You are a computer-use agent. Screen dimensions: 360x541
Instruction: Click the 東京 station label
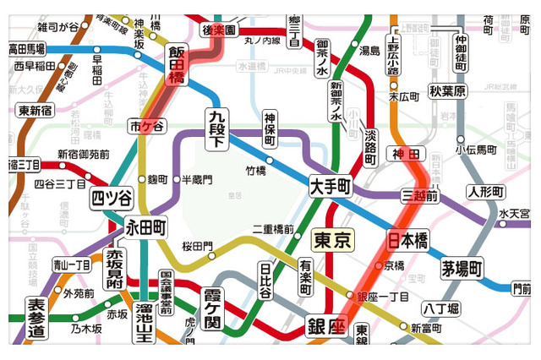coord(332,240)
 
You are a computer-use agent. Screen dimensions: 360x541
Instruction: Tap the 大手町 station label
coord(330,185)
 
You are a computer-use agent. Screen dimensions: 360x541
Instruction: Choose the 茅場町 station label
coord(462,269)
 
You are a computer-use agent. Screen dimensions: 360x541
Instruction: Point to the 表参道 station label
coord(36,319)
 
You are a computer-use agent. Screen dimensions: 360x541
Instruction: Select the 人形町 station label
coord(485,190)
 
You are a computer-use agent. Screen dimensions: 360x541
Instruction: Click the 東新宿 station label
coord(35,111)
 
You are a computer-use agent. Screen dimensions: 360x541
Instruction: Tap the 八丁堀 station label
coord(440,309)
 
